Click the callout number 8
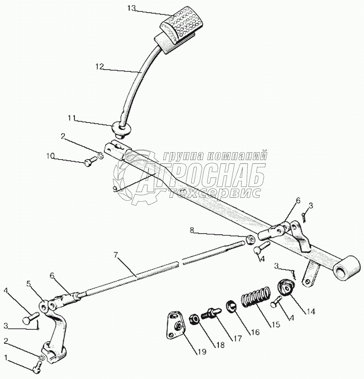click(x=192, y=230)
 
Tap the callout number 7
click(x=116, y=255)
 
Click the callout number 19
click(x=201, y=352)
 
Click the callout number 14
click(x=309, y=311)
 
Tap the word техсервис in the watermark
click(x=214, y=193)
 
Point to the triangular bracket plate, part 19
click(x=174, y=324)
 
